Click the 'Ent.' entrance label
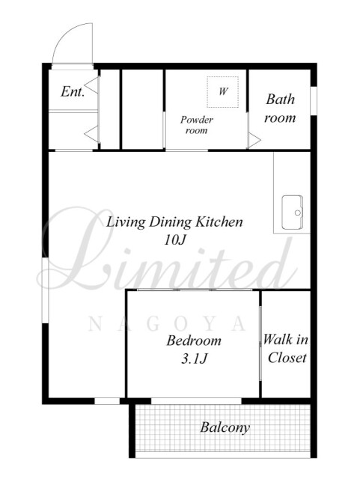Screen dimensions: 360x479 point(73,91)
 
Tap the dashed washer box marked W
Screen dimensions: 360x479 point(222,92)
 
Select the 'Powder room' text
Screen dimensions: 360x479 point(197,125)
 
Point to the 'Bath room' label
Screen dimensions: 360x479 point(280,109)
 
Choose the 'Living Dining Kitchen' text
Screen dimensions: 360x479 point(174,222)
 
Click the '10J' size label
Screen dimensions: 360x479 point(175,240)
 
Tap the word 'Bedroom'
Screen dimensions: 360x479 point(194,341)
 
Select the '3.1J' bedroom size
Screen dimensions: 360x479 point(194,359)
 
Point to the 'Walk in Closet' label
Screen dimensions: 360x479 point(286,349)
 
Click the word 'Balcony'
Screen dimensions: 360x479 point(225,427)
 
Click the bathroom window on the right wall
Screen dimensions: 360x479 point(314,101)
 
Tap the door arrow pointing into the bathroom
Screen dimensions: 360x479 point(254,141)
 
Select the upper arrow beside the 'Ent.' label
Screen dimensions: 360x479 point(91,85)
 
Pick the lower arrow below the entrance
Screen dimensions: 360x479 point(91,134)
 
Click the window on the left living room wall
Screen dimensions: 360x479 point(45,290)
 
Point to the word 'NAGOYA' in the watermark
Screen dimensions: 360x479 point(167,324)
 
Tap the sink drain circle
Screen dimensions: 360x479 point(297,213)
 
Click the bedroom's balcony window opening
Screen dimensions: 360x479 point(196,401)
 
